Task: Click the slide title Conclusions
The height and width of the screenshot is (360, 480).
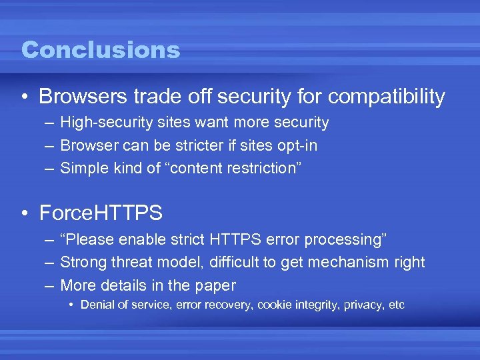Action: [101, 50]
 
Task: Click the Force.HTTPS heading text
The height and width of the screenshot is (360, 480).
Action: [101, 213]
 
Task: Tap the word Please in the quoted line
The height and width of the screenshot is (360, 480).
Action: [90, 239]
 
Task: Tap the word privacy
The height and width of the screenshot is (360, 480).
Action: [365, 305]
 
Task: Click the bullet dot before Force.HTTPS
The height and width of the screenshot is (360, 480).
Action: [25, 213]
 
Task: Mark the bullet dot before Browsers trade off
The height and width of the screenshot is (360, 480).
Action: [25, 97]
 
